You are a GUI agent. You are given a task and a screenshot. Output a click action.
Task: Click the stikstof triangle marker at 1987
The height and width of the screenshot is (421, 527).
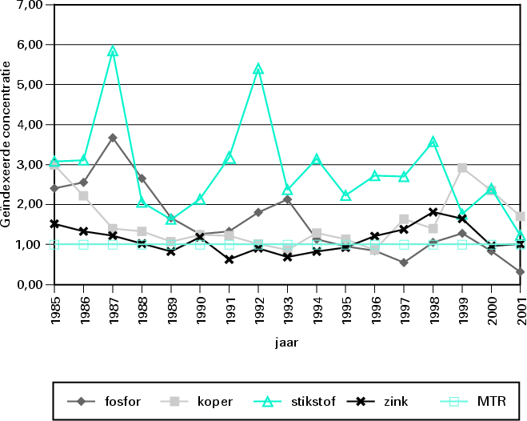coord(113,51)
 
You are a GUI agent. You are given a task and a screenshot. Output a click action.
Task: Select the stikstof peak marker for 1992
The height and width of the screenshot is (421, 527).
coord(258,69)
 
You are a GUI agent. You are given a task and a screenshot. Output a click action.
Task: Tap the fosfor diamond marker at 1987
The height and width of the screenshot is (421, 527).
coord(113,138)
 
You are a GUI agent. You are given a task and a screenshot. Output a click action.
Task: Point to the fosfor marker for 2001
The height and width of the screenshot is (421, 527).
coord(519,272)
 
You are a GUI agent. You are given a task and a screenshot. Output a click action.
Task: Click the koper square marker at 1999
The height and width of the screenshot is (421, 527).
coord(462,168)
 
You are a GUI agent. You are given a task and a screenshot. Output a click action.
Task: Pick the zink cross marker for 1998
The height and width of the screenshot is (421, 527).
coord(433,212)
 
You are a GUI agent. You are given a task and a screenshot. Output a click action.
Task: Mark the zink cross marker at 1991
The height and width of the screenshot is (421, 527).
coord(229,259)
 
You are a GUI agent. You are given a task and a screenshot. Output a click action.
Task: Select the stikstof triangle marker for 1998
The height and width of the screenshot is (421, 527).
coord(433,142)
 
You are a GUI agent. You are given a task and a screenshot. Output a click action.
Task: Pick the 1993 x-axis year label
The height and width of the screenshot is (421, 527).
coord(287,309)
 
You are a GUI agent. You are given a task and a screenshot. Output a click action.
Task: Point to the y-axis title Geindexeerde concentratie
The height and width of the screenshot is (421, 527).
coord(7,144)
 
